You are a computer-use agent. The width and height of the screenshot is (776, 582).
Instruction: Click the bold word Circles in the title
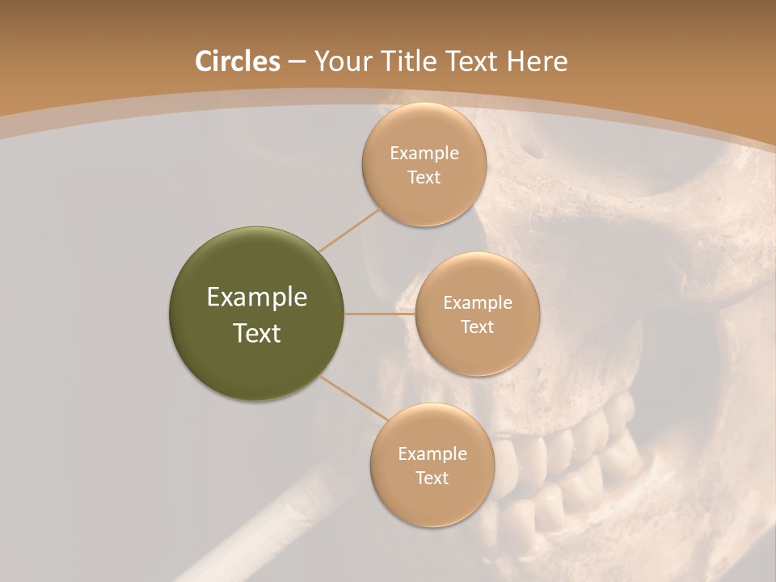[237, 61]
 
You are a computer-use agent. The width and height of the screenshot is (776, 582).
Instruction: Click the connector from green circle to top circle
[350, 230]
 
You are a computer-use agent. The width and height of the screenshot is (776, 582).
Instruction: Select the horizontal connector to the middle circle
[380, 314]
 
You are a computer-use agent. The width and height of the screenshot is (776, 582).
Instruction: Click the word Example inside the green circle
[257, 297]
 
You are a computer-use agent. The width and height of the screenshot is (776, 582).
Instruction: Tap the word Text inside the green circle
[257, 333]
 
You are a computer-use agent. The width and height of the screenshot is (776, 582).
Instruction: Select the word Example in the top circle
[424, 154]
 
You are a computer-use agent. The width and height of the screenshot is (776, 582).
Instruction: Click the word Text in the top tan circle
[424, 178]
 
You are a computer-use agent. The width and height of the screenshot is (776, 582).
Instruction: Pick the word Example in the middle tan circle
[477, 303]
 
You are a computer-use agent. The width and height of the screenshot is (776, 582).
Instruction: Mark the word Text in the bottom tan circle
[432, 478]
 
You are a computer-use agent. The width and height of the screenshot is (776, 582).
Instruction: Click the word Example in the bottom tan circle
[432, 454]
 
